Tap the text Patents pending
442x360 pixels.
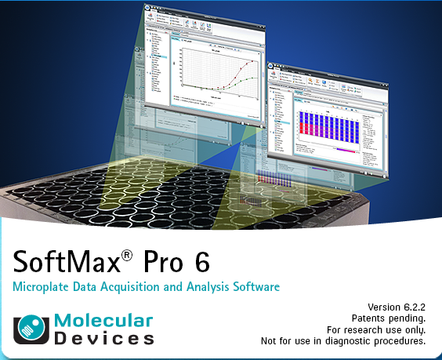click(x=389, y=318)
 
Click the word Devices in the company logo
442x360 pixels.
click(x=103, y=339)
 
